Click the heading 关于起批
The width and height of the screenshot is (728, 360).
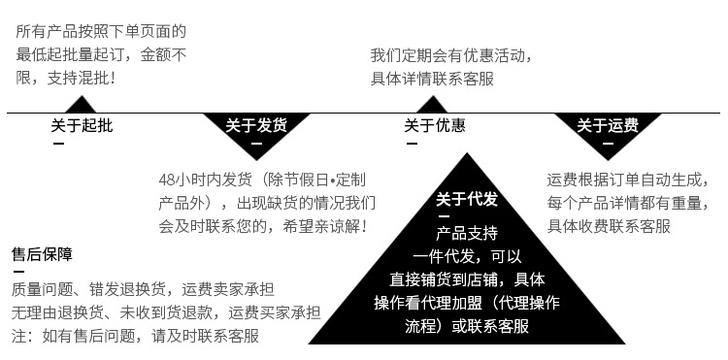pos(82,125)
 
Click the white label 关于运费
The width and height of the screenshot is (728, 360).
pos(607,125)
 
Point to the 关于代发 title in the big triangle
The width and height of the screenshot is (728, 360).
pos(466,200)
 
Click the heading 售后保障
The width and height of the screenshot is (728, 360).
pos(42,254)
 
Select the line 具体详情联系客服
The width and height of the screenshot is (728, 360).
pos(432,79)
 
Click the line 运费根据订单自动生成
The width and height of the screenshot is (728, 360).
pos(623,180)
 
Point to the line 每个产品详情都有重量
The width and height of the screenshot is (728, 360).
pos(623,203)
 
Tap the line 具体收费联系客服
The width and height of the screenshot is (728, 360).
pos(609,226)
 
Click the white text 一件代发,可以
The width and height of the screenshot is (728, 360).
pos(467,256)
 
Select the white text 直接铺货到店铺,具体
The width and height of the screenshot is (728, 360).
pos(467,279)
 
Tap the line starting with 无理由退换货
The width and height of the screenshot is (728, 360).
pos(166,312)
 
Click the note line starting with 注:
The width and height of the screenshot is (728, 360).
pos(135,336)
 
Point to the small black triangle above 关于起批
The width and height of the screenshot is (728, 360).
pos(82,104)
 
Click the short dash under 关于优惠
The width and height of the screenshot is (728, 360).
pos(411,144)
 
